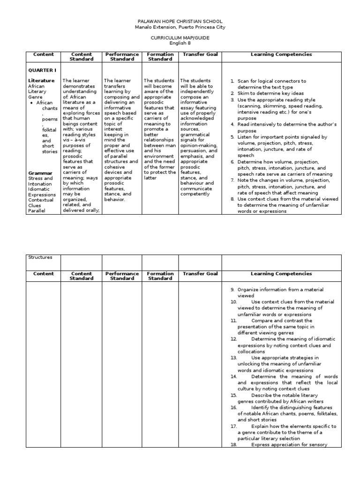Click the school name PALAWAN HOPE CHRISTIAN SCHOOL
[180, 22]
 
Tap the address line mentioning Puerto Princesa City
[180, 27]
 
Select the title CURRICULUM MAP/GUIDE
[180, 37]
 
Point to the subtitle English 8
[180, 43]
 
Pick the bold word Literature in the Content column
[41, 81]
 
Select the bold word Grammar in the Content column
[40, 173]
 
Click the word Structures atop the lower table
[41, 257]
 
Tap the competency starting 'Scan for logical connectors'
[271, 81]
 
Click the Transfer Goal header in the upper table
[200, 55]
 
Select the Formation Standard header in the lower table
[160, 276]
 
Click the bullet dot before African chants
[31, 103]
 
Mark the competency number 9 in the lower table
[232, 290]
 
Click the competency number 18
[233, 444]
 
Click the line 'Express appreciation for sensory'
[289, 444]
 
